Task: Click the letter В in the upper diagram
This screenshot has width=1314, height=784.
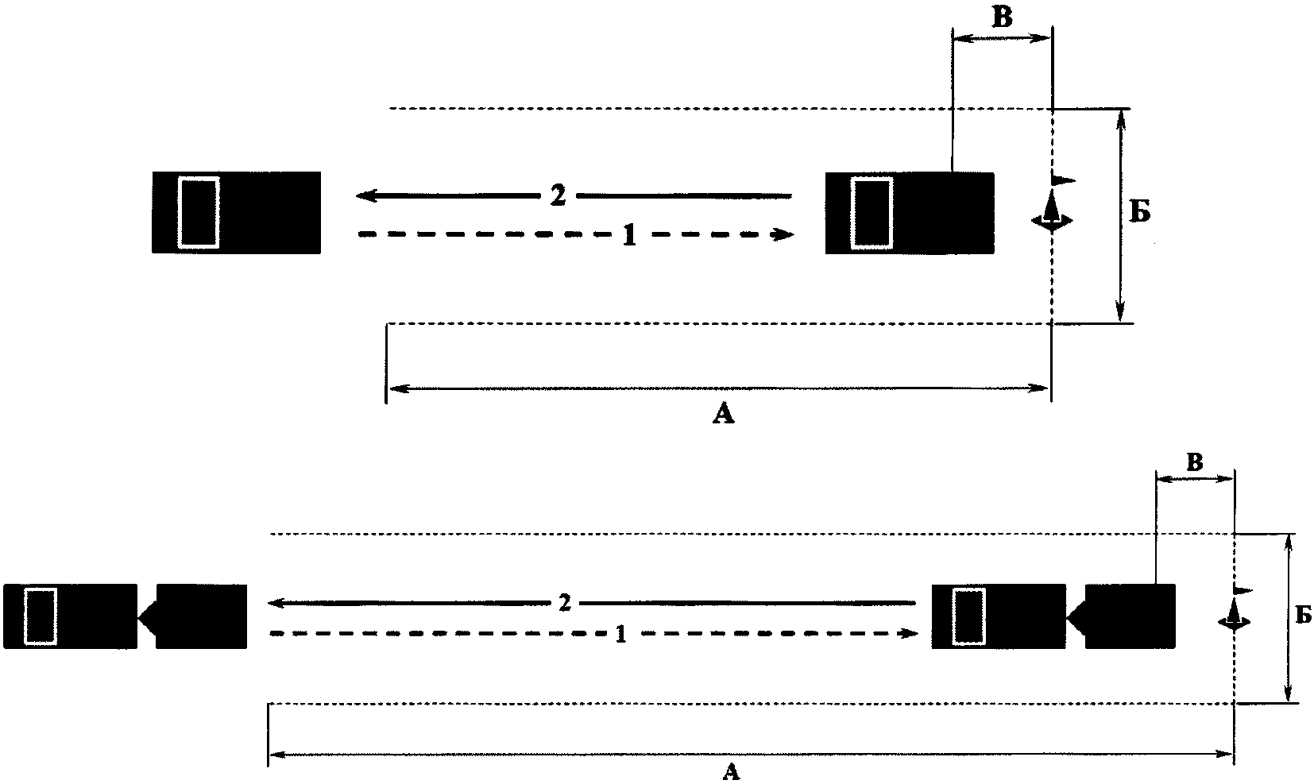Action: click(1003, 18)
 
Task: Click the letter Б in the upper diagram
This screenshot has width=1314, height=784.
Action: click(1140, 213)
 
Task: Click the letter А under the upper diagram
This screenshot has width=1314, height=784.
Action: click(723, 413)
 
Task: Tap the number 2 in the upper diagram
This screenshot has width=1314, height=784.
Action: click(558, 195)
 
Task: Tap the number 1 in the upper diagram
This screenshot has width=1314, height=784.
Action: click(628, 235)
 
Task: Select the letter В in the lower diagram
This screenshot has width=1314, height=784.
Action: click(1194, 462)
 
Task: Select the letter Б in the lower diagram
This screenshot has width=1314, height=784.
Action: click(1303, 615)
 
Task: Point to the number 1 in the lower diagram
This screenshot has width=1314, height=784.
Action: click(621, 634)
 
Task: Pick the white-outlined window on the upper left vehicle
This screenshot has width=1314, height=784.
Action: click(199, 212)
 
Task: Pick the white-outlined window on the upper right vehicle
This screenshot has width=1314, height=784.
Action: click(871, 214)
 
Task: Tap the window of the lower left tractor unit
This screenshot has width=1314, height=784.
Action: click(41, 616)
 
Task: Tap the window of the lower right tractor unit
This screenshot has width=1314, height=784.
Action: click(968, 616)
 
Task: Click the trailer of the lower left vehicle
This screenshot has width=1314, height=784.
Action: click(201, 616)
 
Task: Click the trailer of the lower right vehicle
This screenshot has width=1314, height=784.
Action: click(1129, 616)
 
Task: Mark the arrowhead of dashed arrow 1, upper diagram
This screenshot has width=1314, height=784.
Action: click(786, 234)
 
